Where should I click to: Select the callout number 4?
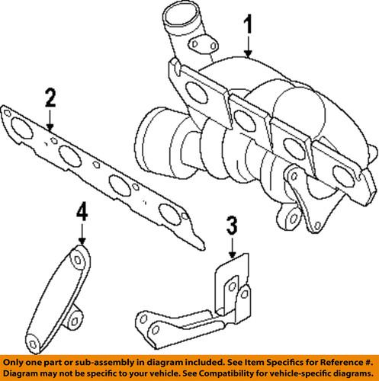(x=82, y=211)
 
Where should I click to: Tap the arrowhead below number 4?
(x=82, y=242)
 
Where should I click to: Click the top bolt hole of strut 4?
(x=79, y=259)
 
